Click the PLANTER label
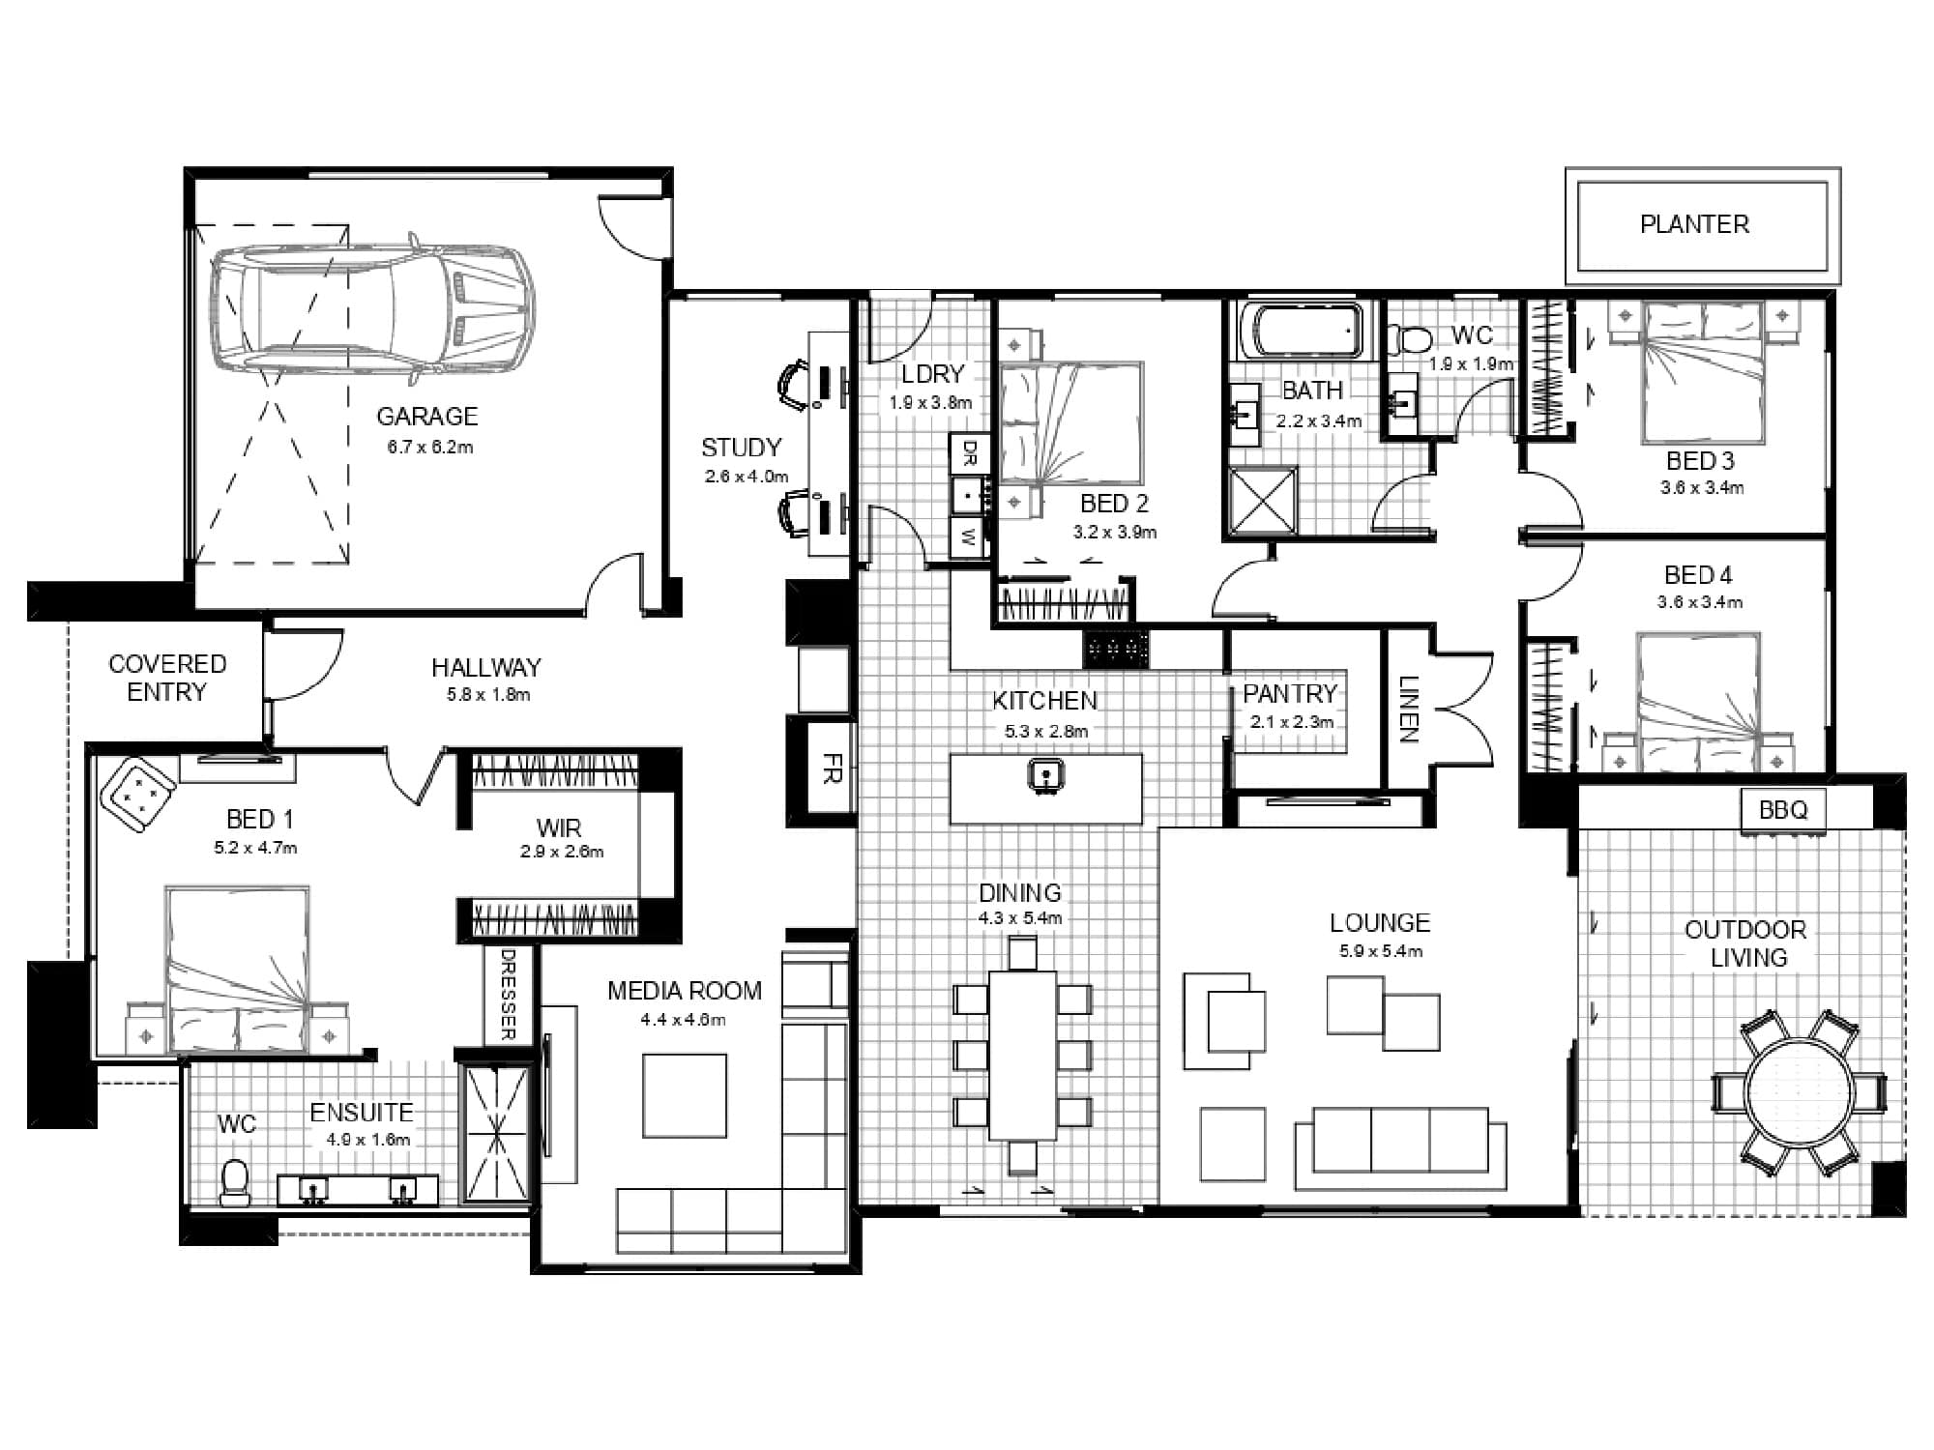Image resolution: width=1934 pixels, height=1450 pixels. [x=1694, y=224]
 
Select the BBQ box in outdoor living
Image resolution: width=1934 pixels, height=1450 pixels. [x=1783, y=809]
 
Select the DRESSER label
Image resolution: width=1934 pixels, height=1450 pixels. [x=508, y=994]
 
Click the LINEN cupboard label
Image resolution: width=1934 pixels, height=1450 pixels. [x=1408, y=709]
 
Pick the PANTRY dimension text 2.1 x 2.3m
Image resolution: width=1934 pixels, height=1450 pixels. [x=1291, y=722]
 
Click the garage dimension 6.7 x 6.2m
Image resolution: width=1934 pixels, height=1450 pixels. [x=430, y=448]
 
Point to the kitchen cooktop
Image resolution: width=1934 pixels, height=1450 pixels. [x=1116, y=649]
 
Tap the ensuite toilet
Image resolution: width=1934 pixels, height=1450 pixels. [x=235, y=1181]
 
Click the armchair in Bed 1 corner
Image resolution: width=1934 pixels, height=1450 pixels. [x=138, y=794]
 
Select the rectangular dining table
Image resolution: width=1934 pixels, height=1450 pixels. [x=1022, y=1056]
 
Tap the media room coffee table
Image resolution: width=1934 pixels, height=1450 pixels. [x=685, y=1095]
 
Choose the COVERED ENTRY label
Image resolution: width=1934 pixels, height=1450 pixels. [x=167, y=678]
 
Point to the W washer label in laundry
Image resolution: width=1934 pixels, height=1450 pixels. [x=968, y=537]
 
